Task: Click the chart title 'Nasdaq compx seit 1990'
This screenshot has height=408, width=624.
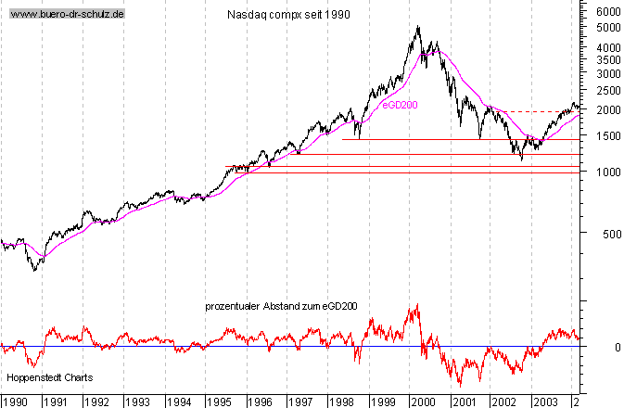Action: pyautogui.click(x=287, y=16)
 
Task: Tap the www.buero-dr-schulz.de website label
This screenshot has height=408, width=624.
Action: pyautogui.click(x=67, y=15)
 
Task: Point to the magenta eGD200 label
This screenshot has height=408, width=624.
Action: pyautogui.click(x=401, y=105)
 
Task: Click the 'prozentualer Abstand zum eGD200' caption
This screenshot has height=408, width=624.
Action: pyautogui.click(x=282, y=306)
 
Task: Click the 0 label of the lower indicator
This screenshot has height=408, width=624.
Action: pyautogui.click(x=604, y=347)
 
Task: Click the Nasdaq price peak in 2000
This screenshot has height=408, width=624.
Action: pyautogui.click(x=418, y=27)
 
